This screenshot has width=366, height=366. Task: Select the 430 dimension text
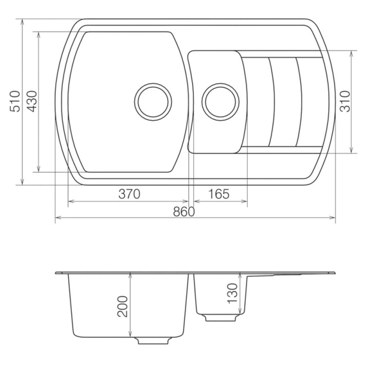[32, 101]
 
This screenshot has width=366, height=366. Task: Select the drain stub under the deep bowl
[153, 340]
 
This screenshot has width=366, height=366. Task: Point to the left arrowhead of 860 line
[58, 219]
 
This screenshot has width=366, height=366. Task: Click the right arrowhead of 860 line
[333, 219]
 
